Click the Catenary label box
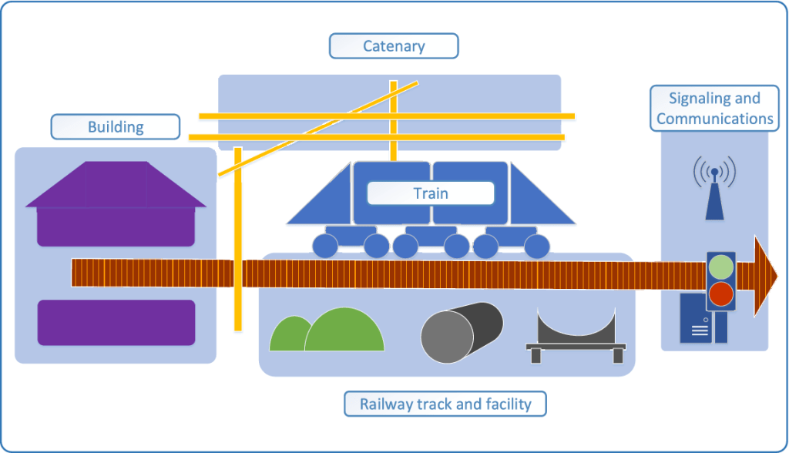pyautogui.click(x=394, y=46)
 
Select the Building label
pyautogui.click(x=116, y=126)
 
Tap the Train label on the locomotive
pyautogui.click(x=430, y=193)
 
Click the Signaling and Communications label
pyautogui.click(x=714, y=109)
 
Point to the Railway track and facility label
pyautogui.click(x=445, y=404)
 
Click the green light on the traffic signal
pyautogui.click(x=721, y=267)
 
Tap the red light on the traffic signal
pyautogui.click(x=721, y=294)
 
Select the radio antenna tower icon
pyautogui.click(x=714, y=193)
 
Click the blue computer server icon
pyautogui.click(x=696, y=320)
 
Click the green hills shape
pyautogui.click(x=327, y=332)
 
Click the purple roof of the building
pyautogui.click(x=116, y=185)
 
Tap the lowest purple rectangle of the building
pyautogui.click(x=116, y=322)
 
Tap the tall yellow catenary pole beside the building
pyautogui.click(x=238, y=239)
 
